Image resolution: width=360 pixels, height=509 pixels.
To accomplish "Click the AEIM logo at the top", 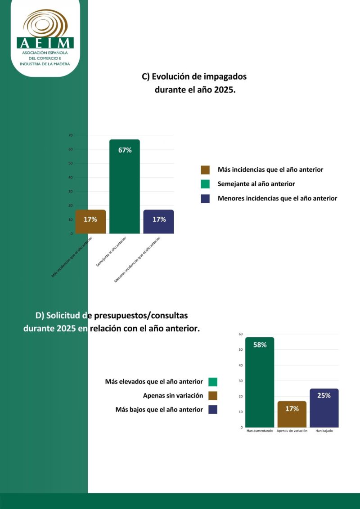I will pyautogui.click(x=45, y=38).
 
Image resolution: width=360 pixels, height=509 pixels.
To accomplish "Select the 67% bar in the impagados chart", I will pyautogui.click(x=125, y=189).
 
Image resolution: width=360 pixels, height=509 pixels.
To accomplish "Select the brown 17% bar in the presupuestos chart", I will pyautogui.click(x=292, y=414).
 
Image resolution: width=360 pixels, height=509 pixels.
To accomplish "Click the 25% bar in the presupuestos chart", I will pyautogui.click(x=324, y=408).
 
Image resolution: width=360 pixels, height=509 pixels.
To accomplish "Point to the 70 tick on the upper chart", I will pyautogui.click(x=70, y=135).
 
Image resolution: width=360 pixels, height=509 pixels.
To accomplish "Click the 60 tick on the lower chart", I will pyautogui.click(x=241, y=334).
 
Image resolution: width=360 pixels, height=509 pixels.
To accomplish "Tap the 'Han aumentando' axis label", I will pyautogui.click(x=260, y=431).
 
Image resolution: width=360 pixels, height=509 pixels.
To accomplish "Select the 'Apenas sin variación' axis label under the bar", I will pyautogui.click(x=292, y=431).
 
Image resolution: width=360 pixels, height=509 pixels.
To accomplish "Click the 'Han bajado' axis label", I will pyautogui.click(x=324, y=431).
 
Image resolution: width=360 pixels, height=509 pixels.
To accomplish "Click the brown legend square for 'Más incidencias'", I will pyautogui.click(x=205, y=170).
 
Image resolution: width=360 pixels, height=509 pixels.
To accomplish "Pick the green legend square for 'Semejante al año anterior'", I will pyautogui.click(x=205, y=184).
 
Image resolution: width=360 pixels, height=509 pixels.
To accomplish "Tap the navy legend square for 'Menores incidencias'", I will pyautogui.click(x=205, y=198).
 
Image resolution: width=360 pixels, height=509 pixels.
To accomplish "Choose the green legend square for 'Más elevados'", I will pyautogui.click(x=213, y=382).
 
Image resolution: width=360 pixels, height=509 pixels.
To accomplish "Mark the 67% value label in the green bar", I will pyautogui.click(x=125, y=150).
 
